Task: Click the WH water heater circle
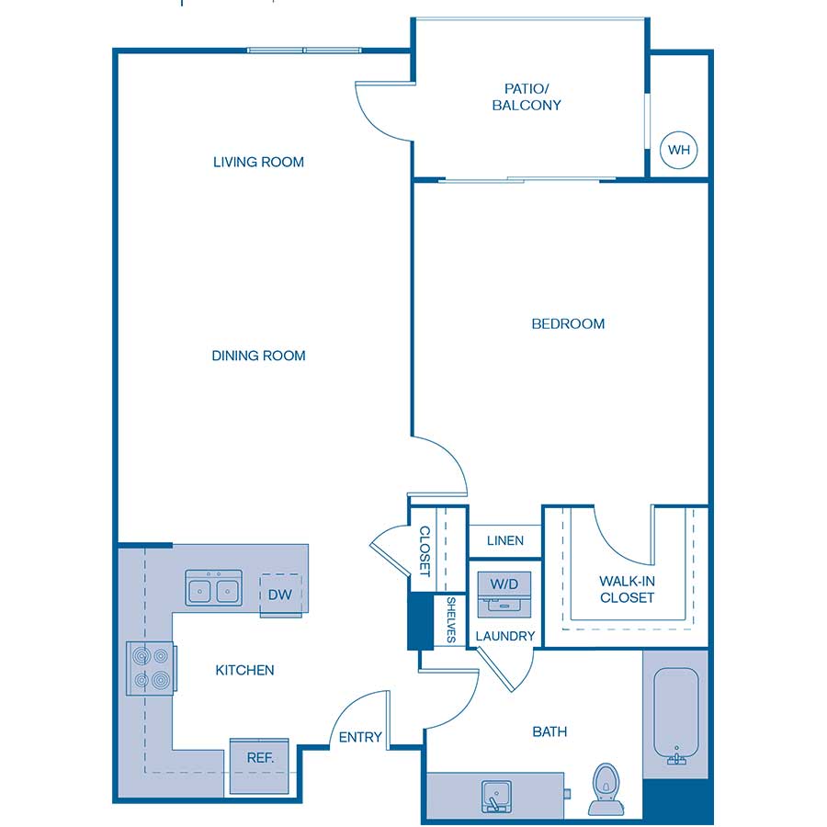[678, 150]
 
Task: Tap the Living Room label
[258, 162]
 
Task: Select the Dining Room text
[258, 356]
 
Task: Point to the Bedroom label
[568, 323]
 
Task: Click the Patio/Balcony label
[527, 97]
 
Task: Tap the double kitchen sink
[213, 587]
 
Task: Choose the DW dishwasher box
[280, 595]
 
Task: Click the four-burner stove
[151, 668]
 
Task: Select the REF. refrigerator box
[259, 765]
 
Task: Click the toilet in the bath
[606, 788]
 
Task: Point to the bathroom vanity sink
[496, 796]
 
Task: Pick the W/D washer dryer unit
[504, 595]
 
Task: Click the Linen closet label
[505, 540]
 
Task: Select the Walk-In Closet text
[627, 589]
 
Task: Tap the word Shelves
[451, 619]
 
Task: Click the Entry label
[360, 737]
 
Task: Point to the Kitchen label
[244, 671]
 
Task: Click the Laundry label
[505, 636]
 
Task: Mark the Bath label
[549, 732]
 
